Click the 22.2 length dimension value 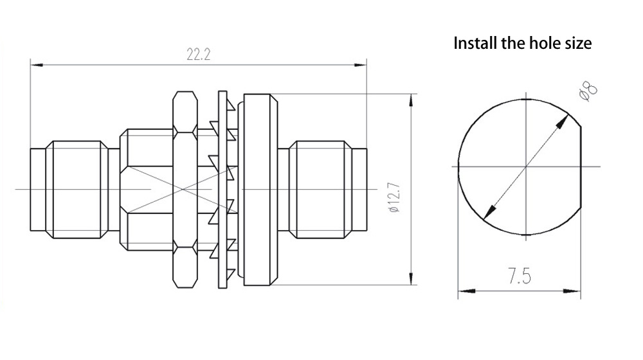tap(199, 55)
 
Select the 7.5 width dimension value tap(518, 278)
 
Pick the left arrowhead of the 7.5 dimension tap(463, 291)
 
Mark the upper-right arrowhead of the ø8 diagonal tap(566, 120)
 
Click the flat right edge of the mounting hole tap(581, 166)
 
